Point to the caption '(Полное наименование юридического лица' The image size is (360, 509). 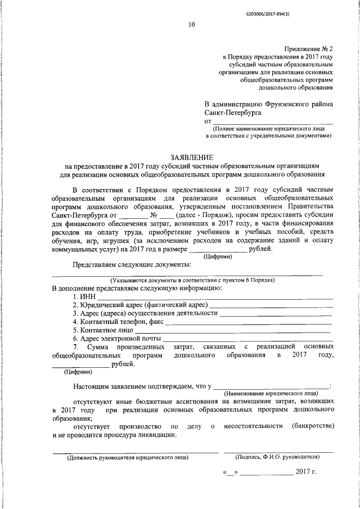coord(269,128)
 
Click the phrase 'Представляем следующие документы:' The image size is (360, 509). coord(132,264)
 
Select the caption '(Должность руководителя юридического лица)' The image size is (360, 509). coord(128,457)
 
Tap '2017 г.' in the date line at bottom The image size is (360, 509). coord(306,471)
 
